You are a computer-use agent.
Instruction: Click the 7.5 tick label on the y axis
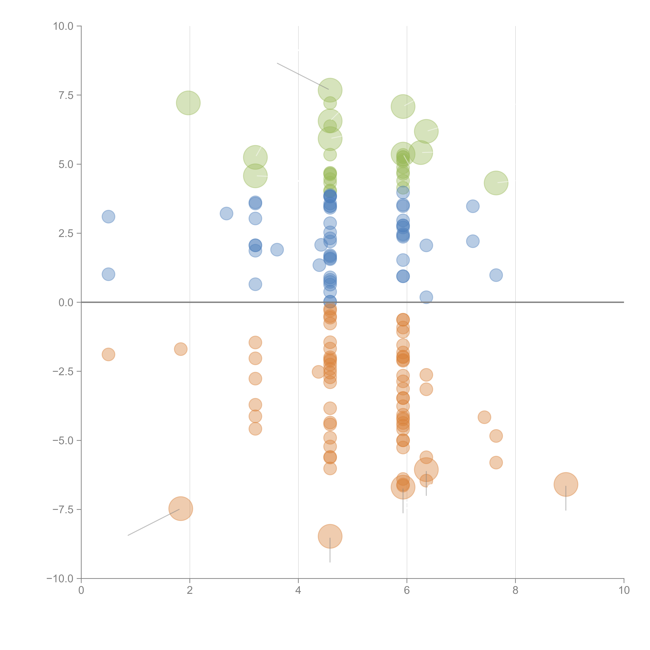66,95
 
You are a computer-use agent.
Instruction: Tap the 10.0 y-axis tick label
63,26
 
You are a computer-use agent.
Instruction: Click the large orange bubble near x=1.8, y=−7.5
181,508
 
